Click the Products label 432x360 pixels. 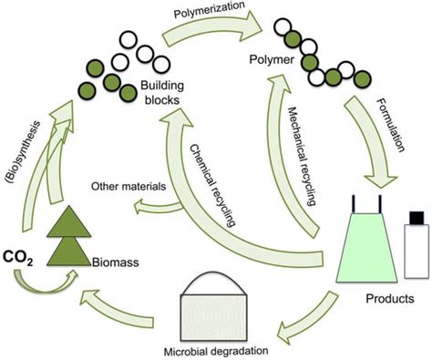pyautogui.click(x=390, y=297)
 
